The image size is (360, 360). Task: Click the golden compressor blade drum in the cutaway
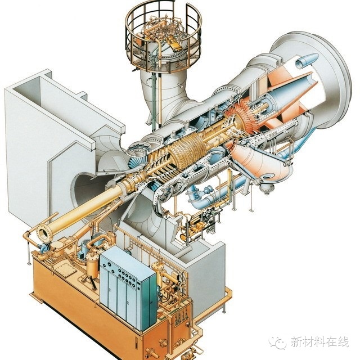point(187,150)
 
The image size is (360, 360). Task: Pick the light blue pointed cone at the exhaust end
point(307,60)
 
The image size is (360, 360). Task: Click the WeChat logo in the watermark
point(278,343)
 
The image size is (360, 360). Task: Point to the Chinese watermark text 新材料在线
point(319,342)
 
